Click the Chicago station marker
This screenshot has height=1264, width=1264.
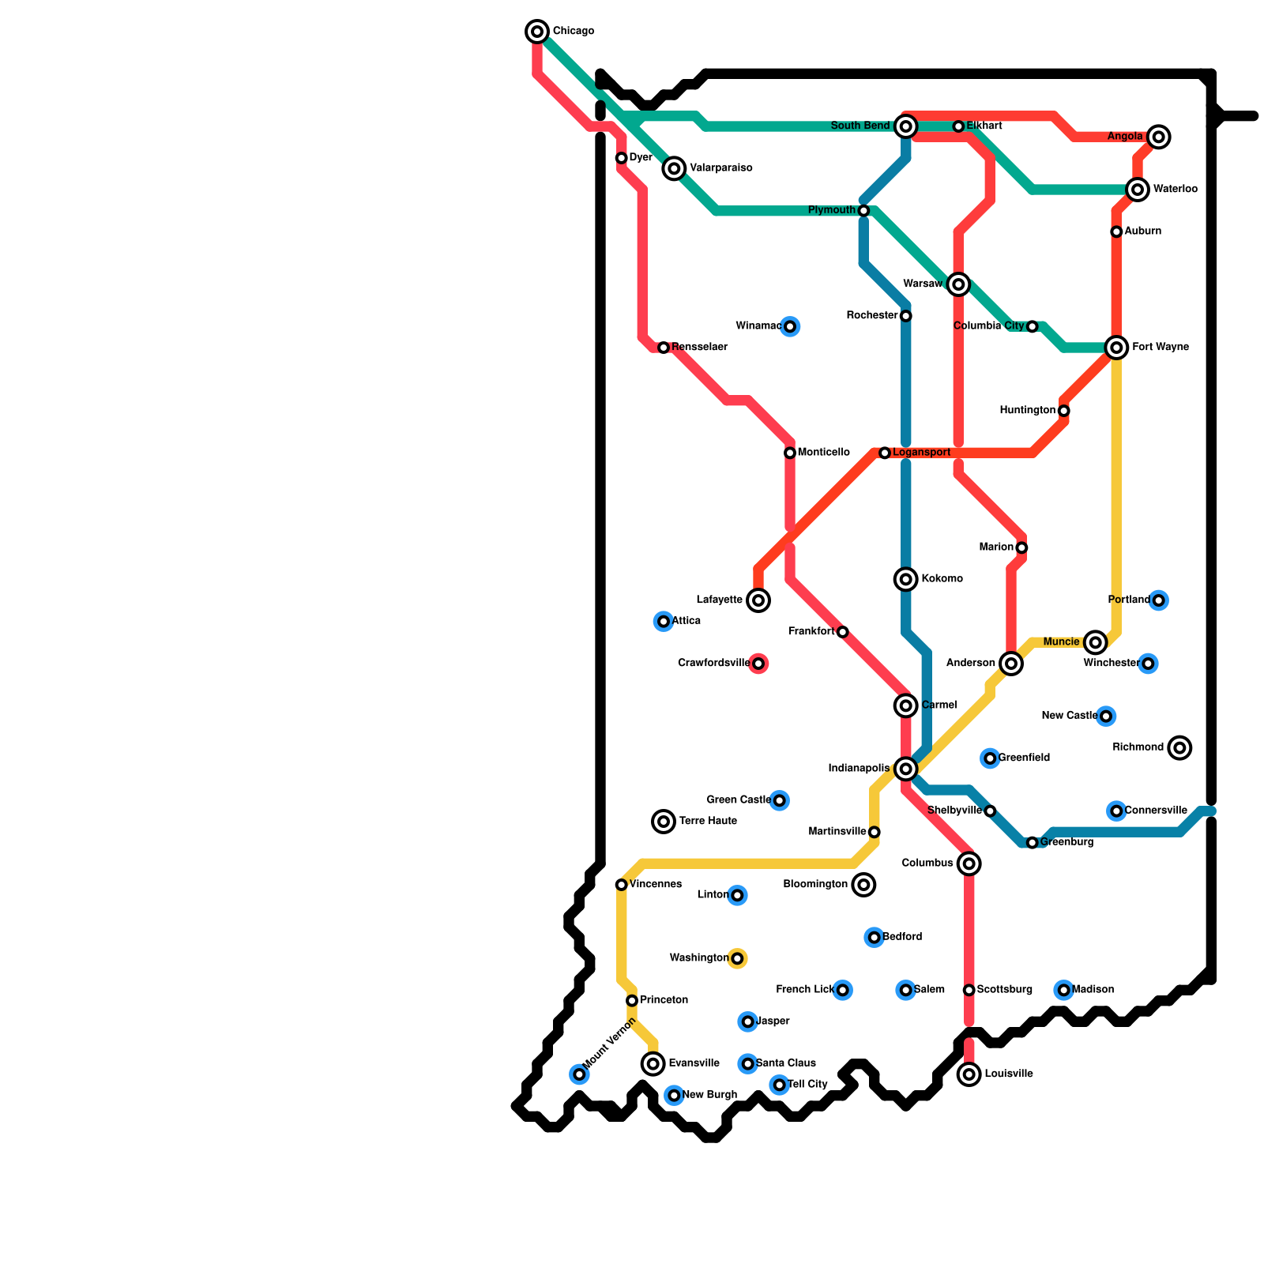(x=537, y=32)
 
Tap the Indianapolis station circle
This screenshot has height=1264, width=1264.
(x=906, y=769)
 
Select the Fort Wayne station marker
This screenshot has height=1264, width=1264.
(x=1116, y=348)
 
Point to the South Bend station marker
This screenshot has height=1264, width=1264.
(x=906, y=126)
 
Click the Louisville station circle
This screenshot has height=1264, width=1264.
(x=969, y=1074)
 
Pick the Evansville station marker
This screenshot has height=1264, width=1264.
(x=653, y=1064)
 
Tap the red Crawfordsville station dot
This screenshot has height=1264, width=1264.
(x=758, y=664)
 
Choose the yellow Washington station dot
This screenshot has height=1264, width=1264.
(x=737, y=958)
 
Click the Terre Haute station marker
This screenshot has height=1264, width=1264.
(x=664, y=822)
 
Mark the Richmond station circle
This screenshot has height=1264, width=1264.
(x=1179, y=747)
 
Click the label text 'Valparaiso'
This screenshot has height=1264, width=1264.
(x=720, y=168)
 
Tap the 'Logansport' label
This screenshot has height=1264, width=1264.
(x=921, y=453)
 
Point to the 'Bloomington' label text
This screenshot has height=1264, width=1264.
(x=815, y=885)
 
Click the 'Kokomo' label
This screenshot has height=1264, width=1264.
(x=942, y=579)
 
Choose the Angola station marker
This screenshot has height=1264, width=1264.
(x=1159, y=137)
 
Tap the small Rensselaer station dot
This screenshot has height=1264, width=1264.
(x=664, y=348)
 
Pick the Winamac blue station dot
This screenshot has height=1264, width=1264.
(x=790, y=326)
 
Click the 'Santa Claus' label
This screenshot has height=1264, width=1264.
(x=785, y=1063)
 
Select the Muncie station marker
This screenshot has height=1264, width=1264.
(x=1095, y=642)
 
